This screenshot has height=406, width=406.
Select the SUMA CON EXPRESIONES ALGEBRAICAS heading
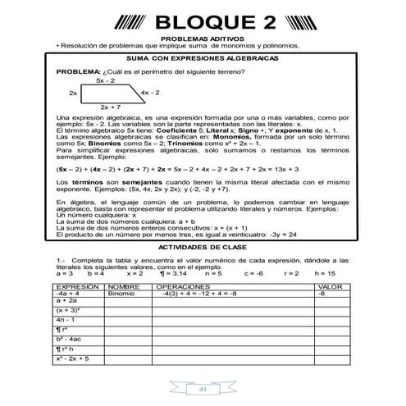[203, 59]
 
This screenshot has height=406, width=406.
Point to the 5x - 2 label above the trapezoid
[105, 81]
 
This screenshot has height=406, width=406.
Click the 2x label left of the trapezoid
[73, 94]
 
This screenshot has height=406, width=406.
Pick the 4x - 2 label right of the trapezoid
[152, 94]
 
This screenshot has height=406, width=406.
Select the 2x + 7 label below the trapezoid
[111, 107]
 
